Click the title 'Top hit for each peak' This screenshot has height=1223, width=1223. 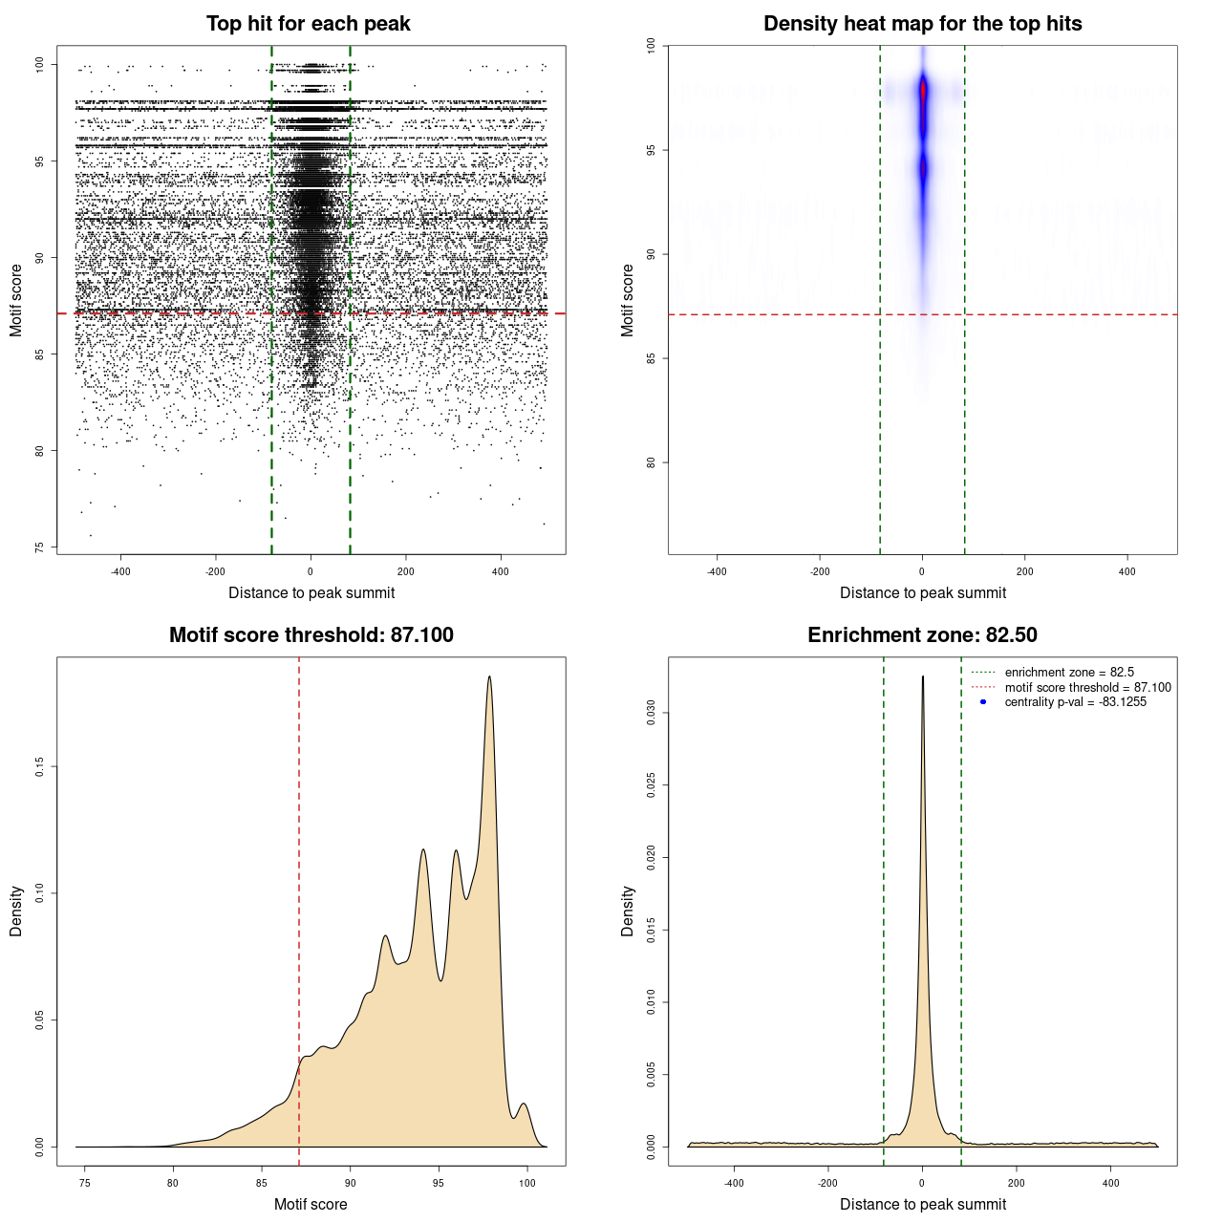pos(308,24)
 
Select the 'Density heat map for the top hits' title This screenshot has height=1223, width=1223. pos(922,24)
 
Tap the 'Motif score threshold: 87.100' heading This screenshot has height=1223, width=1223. pos(311,635)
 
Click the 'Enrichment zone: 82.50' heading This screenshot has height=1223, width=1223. pos(922,635)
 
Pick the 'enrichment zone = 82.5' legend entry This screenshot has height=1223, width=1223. pos(1069,673)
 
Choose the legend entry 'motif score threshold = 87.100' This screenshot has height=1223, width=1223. pos(1087,687)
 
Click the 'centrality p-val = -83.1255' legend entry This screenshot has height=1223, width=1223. pos(1075,702)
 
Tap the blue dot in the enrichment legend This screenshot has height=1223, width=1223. pos(983,702)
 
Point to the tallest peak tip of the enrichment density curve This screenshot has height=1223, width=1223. pos(923,677)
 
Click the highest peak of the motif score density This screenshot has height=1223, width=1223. pos(490,677)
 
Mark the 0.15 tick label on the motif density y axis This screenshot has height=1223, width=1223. pos(40,766)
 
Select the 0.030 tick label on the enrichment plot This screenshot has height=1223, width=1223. pos(652,713)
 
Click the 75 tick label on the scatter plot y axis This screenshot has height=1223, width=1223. pos(40,547)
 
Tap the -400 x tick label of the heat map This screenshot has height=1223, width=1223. pos(717,571)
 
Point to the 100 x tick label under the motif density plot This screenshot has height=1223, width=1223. pos(527,1183)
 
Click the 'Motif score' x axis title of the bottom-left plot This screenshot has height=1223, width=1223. pos(311,1204)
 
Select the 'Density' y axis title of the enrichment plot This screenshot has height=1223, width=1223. pos(628,911)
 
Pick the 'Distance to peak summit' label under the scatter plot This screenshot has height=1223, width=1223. pos(311,592)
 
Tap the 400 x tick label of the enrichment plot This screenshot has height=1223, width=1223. pos(1110,1183)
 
